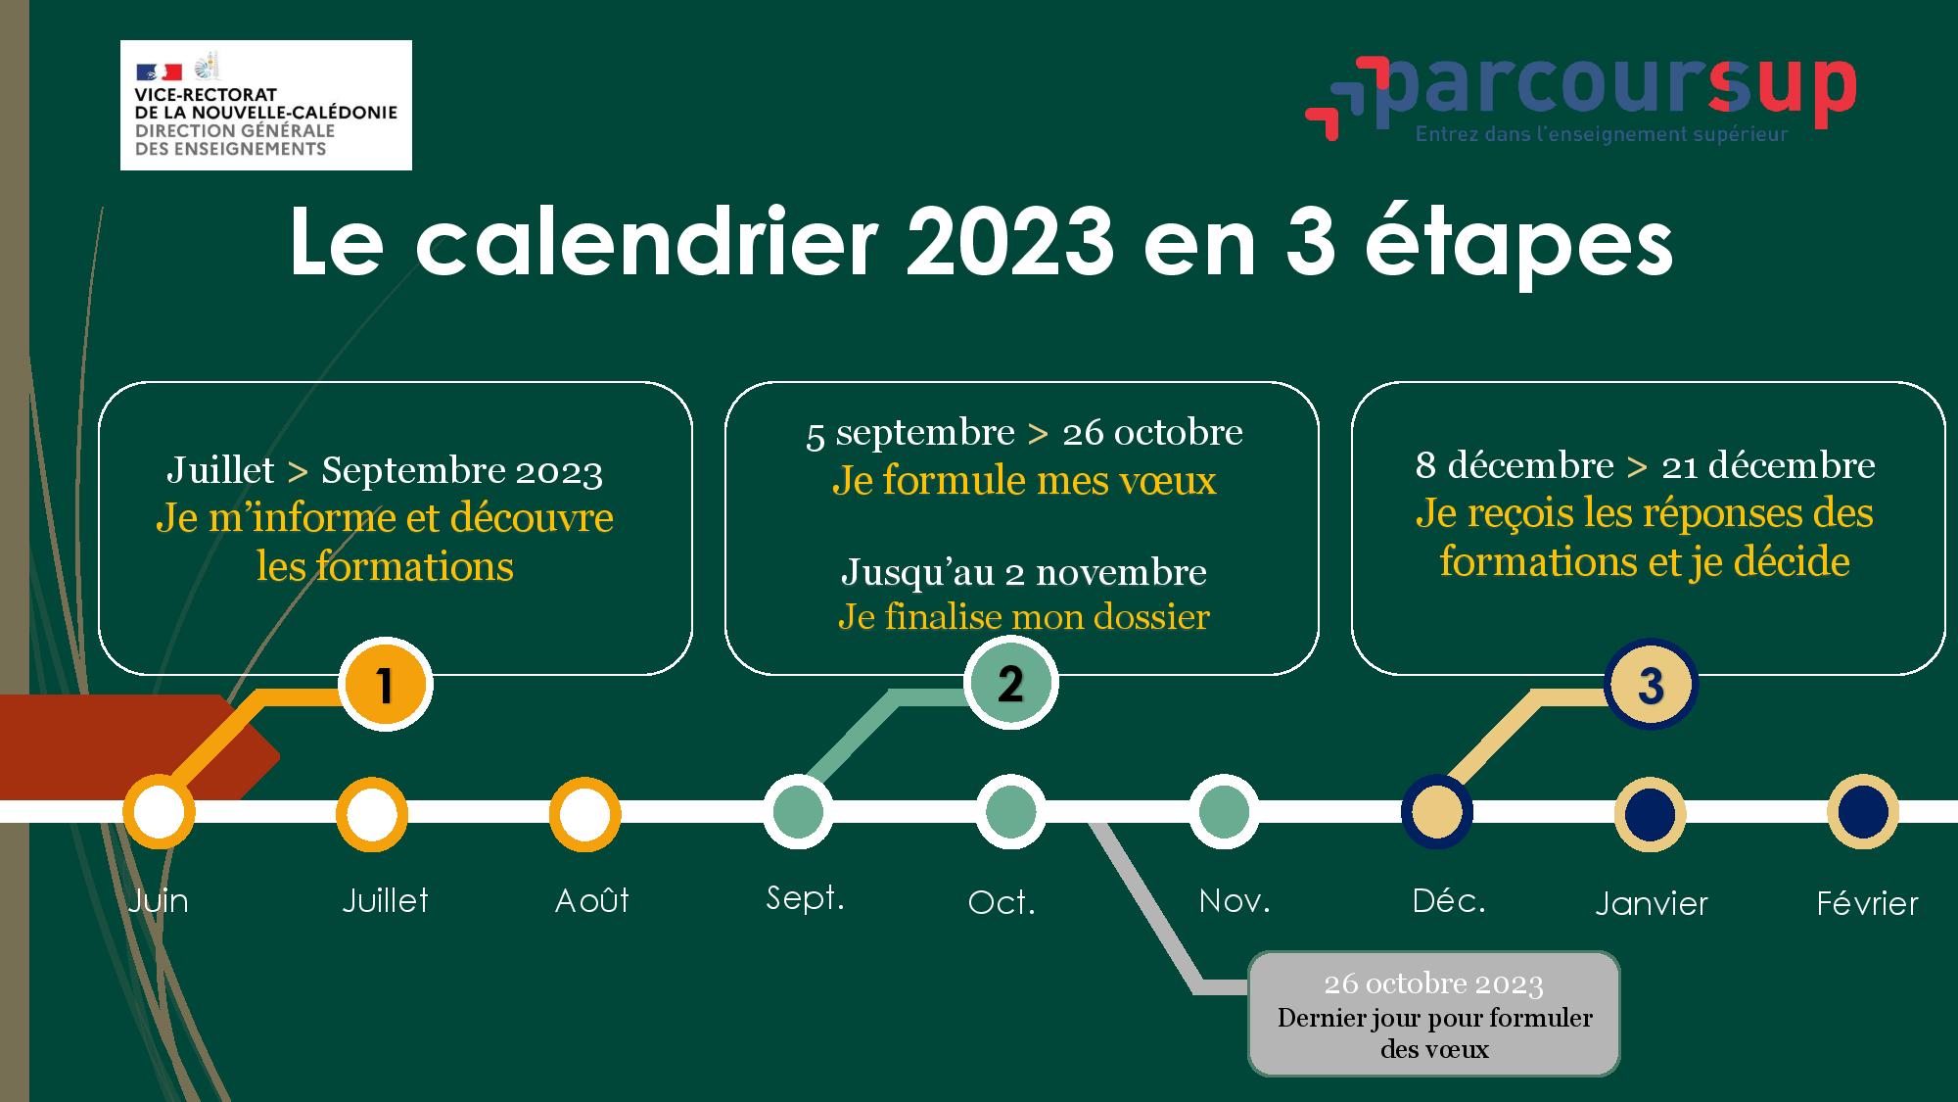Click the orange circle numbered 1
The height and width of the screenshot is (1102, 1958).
pyautogui.click(x=386, y=685)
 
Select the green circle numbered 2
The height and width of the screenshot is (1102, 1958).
pyautogui.click(x=1011, y=683)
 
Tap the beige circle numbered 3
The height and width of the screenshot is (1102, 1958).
pyautogui.click(x=1651, y=685)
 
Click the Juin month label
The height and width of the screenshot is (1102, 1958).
pyautogui.click(x=158, y=901)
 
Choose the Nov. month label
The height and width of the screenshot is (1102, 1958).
pyautogui.click(x=1235, y=900)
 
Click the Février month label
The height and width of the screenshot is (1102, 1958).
pyautogui.click(x=1867, y=902)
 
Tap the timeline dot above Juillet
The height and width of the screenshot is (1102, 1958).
pyautogui.click(x=372, y=814)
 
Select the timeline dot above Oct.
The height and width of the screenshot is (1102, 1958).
pyautogui.click(x=1011, y=812)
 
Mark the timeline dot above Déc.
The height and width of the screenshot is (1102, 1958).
pyautogui.click(x=1437, y=811)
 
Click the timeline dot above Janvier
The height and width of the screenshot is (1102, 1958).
pyautogui.click(x=1651, y=814)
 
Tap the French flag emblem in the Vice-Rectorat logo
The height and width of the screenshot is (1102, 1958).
pyautogui.click(x=159, y=72)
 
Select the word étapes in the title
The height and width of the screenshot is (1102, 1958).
pyautogui.click(x=1519, y=246)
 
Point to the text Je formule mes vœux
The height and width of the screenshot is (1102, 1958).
pyautogui.click(x=1024, y=481)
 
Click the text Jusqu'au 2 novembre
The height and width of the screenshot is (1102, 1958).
pyautogui.click(x=1024, y=573)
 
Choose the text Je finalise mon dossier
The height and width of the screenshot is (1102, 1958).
pyautogui.click(x=1024, y=617)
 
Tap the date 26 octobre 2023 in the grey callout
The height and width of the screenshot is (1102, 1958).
pyautogui.click(x=1433, y=983)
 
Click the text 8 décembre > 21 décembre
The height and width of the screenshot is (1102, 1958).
pyautogui.click(x=1646, y=466)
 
